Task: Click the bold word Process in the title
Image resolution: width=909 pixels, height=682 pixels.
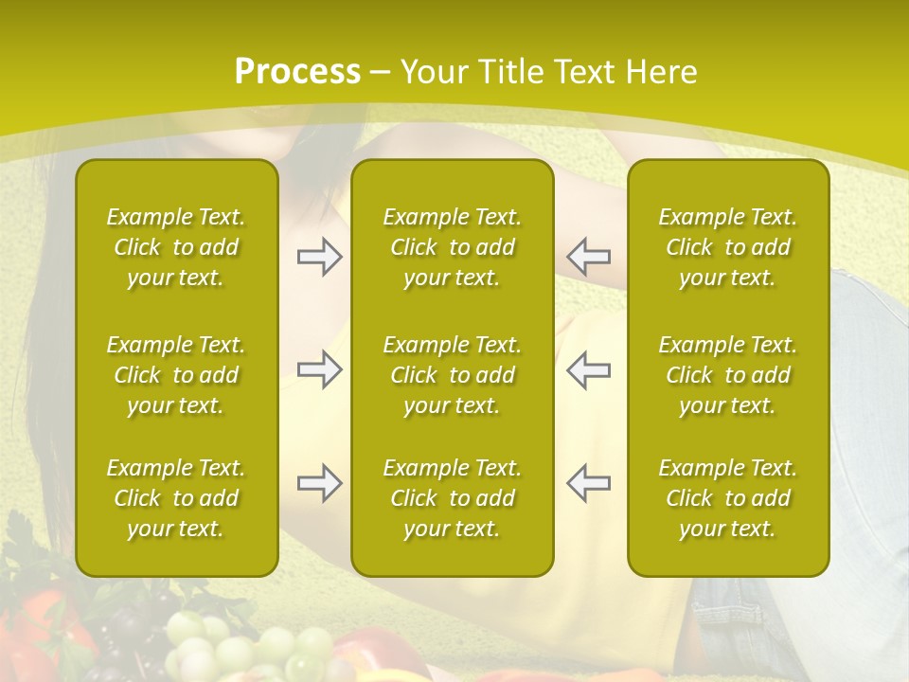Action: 297,71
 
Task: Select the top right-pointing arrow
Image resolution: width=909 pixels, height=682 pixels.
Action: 320,256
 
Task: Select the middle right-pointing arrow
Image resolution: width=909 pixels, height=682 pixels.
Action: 320,370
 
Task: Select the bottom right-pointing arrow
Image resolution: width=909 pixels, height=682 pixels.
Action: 320,483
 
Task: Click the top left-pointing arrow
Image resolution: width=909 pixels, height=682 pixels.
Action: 588,256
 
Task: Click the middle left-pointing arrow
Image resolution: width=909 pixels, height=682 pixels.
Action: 588,370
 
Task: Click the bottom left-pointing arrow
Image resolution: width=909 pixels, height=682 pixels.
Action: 588,483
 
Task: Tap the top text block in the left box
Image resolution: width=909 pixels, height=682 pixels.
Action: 176,247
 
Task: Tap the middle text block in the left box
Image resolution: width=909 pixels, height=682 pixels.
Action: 176,375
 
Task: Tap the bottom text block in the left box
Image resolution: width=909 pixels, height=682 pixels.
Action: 176,498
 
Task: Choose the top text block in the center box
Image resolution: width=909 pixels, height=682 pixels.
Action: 452,247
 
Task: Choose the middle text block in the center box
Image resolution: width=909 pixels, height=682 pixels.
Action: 452,375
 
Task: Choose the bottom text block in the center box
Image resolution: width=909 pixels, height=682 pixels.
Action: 452,498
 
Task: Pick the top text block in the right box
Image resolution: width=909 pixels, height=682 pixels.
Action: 727,247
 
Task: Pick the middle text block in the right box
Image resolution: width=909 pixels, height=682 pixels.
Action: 727,375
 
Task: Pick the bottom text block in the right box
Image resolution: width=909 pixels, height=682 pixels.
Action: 727,498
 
